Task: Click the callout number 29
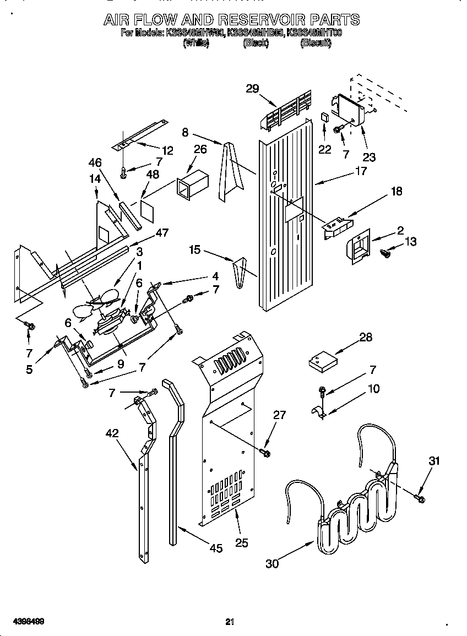click(x=253, y=88)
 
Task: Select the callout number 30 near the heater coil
click(x=272, y=563)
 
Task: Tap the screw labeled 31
click(x=420, y=498)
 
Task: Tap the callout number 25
click(x=241, y=543)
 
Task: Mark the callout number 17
click(x=360, y=171)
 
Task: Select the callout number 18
click(x=396, y=192)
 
